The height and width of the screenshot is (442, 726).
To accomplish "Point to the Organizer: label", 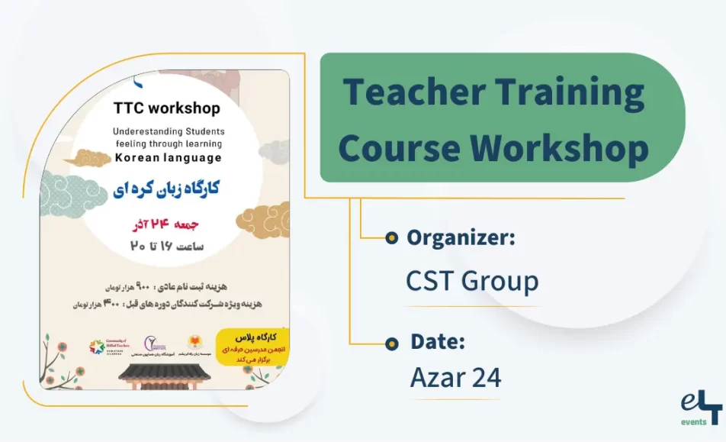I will (x=461, y=237).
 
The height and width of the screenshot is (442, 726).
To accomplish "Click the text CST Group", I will (x=472, y=281).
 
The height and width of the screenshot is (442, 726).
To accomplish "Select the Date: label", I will (x=438, y=341).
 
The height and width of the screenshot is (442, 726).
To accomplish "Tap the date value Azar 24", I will (x=455, y=377).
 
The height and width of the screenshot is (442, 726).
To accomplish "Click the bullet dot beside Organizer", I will (x=391, y=238).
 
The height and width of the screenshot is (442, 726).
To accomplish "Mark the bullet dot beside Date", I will (x=391, y=342).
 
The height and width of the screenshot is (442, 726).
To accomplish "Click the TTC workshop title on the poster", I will (x=167, y=108).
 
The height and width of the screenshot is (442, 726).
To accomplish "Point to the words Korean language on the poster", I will (x=168, y=158).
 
